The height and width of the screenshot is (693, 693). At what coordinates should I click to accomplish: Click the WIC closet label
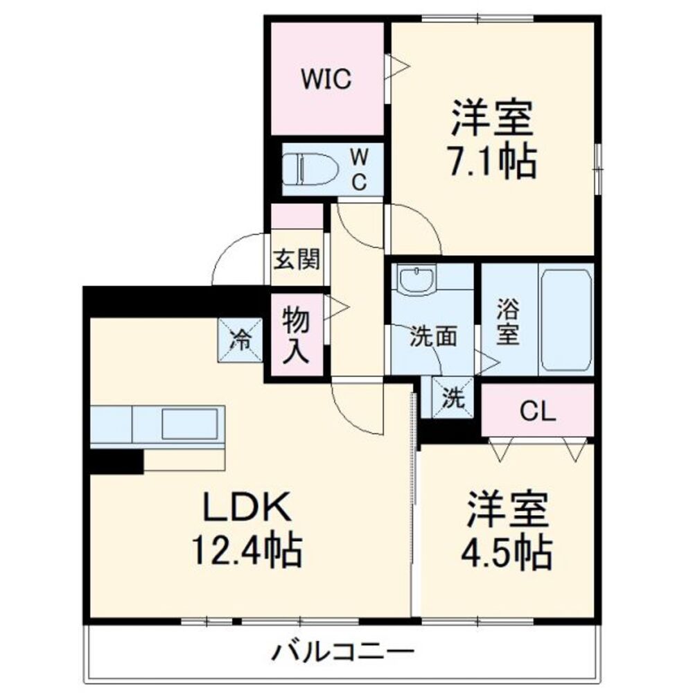pos(326,80)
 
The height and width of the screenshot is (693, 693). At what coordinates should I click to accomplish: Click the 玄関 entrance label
pos(297,260)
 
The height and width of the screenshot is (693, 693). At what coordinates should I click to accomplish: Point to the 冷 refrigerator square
pos(241,340)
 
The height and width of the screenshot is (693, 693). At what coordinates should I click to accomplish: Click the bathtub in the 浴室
pos(566,320)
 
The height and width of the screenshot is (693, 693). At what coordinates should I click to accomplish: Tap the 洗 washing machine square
pos(452,399)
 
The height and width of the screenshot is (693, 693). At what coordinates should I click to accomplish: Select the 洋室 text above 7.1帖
pos(493,119)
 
